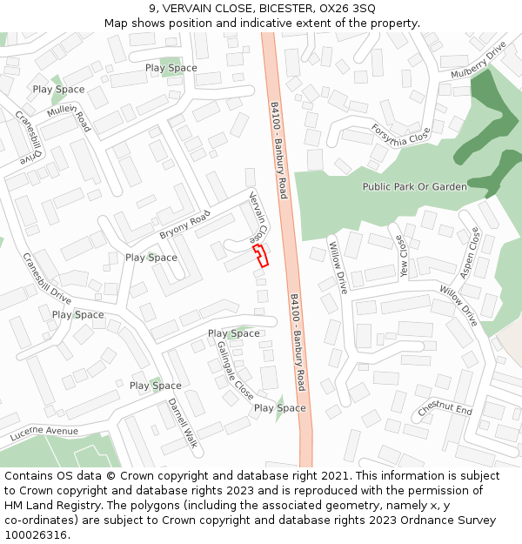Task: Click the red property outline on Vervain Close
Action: tap(260, 254)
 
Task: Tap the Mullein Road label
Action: tap(70, 118)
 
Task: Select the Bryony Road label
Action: tap(184, 225)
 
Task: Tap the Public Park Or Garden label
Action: tap(414, 186)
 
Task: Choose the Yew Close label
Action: tap(401, 255)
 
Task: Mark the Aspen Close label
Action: tap(469, 253)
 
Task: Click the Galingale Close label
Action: tap(235, 369)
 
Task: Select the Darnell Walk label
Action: tap(183, 422)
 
